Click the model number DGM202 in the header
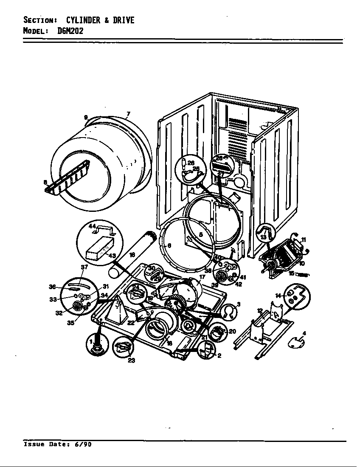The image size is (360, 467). tap(70, 31)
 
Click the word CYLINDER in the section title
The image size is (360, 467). tap(82, 20)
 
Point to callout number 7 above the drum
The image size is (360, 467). tap(128, 114)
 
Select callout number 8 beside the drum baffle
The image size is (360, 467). tap(45, 183)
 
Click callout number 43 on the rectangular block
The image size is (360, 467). tap(112, 256)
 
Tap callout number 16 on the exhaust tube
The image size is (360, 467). tap(132, 254)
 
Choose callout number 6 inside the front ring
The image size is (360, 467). tap(169, 245)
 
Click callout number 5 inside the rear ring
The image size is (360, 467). tap(201, 234)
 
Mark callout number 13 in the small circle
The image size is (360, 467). tap(263, 237)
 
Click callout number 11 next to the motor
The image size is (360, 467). tap(304, 240)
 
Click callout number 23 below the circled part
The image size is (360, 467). tap(132, 361)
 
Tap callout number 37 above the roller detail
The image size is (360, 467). tap(84, 267)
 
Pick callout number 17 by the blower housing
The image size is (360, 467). tap(202, 277)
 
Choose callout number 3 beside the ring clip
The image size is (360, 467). tap(239, 304)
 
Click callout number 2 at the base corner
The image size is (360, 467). tap(219, 356)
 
